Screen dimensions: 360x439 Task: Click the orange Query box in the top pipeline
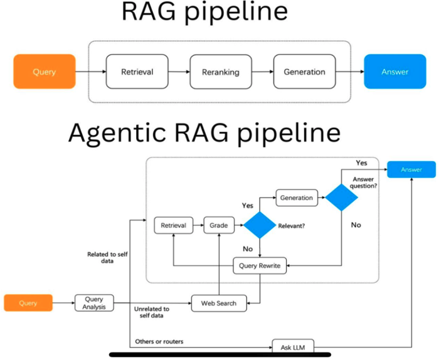pos(44,71)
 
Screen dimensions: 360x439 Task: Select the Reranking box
pos(220,71)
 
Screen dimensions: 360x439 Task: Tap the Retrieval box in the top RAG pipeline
pos(137,71)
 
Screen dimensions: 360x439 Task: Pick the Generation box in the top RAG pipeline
pos(304,71)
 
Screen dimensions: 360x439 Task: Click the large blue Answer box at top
pos(394,71)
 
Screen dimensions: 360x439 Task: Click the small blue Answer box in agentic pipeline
pos(411,169)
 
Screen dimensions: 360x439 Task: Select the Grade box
pos(219,225)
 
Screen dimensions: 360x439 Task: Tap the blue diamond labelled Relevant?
pos(260,225)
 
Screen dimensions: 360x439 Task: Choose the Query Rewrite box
pos(260,266)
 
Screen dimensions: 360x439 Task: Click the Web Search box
pos(219,303)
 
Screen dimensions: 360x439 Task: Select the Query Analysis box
pos(93,303)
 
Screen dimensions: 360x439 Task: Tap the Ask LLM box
pos(293,346)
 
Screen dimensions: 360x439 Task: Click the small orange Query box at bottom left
pos(28,303)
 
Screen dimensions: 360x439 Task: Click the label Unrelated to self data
pos(152,312)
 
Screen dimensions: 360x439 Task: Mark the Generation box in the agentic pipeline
pos(296,198)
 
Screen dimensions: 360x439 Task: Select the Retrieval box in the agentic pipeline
pos(174,225)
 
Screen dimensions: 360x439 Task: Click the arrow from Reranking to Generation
pos(262,71)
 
